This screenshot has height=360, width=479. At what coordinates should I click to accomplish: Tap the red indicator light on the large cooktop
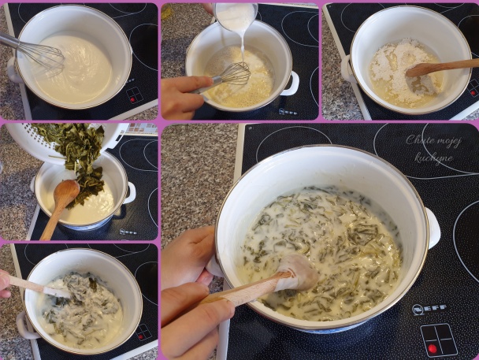pos(432,348)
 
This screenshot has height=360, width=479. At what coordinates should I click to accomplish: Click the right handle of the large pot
pos(433,228)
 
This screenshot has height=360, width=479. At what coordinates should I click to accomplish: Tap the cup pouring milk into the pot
pos(236,16)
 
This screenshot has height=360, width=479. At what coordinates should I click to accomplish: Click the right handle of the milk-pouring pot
pos(291,84)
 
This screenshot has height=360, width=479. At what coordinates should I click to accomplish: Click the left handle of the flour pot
pos(346,69)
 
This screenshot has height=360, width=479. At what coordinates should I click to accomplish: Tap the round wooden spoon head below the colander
pos(66,192)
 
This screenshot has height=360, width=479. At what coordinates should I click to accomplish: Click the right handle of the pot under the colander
pos(129,193)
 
